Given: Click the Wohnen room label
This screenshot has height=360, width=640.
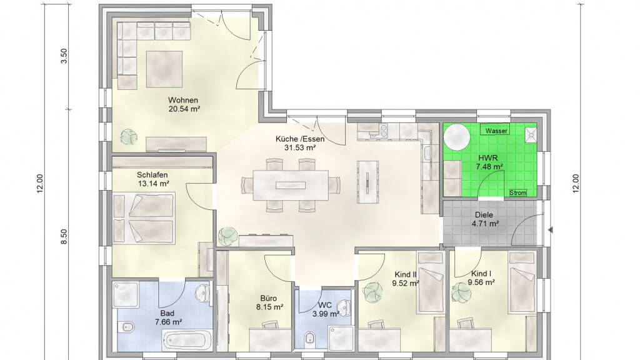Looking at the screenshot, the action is click(x=183, y=100).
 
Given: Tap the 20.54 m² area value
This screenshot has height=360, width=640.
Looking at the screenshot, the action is click(x=184, y=109).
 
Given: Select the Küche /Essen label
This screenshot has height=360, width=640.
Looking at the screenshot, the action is click(x=300, y=139).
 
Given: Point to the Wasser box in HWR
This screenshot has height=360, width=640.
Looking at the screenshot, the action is click(x=496, y=131).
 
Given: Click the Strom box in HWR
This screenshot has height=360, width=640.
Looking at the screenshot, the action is click(x=518, y=192).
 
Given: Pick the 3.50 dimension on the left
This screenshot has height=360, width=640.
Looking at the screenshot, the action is click(x=64, y=56).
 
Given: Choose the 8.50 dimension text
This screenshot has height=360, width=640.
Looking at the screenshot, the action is click(x=64, y=237).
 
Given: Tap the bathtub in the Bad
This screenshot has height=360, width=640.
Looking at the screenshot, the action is click(x=187, y=339).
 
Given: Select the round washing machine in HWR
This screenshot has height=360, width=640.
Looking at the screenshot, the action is click(x=457, y=137).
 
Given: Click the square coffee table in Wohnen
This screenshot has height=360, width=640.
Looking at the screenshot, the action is click(x=164, y=69).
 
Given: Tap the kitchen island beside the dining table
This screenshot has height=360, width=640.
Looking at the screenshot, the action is click(x=367, y=182).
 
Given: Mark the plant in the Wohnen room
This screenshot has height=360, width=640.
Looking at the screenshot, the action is click(x=129, y=137).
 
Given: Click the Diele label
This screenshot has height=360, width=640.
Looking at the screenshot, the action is click(x=484, y=215).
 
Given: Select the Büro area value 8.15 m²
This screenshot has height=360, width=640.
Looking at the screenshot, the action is click(x=270, y=307).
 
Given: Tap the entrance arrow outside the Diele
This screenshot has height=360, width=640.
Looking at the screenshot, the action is click(x=550, y=230).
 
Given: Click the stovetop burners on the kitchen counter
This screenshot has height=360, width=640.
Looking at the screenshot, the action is click(x=383, y=130).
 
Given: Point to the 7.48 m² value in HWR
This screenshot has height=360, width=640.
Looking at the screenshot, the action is click(x=489, y=166).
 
